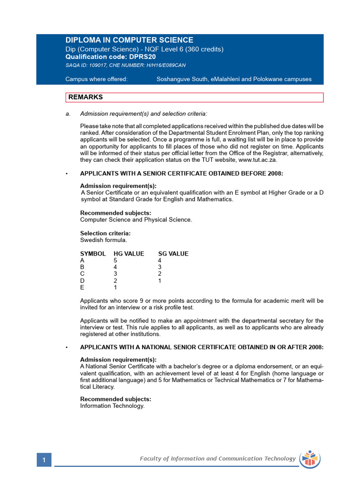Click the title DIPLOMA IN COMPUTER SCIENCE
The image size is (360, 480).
pos(129,40)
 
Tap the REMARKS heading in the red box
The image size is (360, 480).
pos(85,97)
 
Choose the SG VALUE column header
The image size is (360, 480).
pos(173,254)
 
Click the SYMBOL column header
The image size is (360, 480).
pos(93,254)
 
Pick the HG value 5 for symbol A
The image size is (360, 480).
pos(115,261)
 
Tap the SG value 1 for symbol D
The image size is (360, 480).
pos(160,281)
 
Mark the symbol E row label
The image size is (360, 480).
pos(82,287)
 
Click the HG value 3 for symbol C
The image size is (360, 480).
pos(115,274)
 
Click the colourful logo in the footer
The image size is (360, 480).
pos(309,459)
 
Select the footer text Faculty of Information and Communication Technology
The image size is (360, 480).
pos(217,459)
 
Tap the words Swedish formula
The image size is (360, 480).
pos(104,240)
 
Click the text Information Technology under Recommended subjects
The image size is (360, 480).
pos(112,406)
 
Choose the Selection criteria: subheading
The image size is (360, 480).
pos(105,233)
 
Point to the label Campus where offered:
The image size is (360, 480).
pos(96,79)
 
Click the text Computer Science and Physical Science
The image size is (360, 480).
pos(136,219)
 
